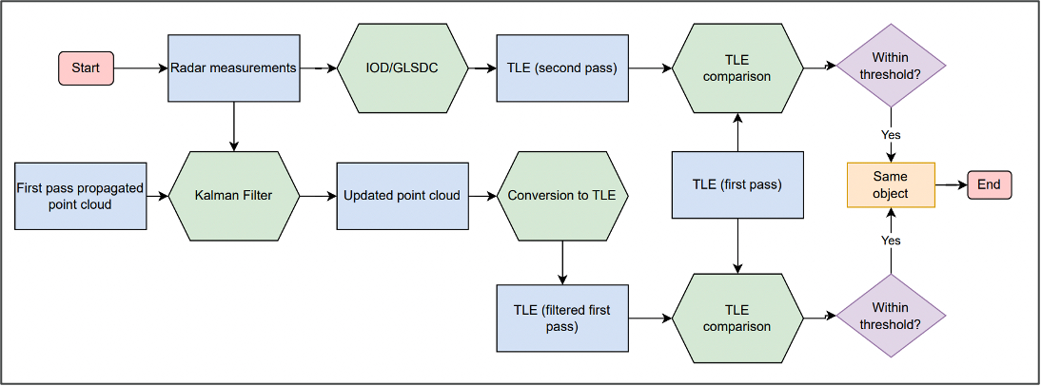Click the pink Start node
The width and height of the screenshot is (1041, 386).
86,68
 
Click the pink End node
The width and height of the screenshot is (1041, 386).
989,184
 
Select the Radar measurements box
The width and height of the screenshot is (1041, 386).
234,68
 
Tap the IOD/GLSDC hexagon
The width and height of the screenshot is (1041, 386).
403,68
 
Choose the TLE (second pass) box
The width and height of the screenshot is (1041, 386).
562,68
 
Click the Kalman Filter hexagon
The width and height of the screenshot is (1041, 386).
234,196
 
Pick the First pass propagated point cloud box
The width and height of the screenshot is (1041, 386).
81,196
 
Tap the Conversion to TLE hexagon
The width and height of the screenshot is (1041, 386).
562,196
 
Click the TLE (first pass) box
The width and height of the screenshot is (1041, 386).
737,184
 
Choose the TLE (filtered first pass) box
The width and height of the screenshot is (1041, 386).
562,318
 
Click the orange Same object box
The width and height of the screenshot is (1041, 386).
891,184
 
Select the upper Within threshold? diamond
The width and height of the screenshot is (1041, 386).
891,68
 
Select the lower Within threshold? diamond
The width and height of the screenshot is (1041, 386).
891,316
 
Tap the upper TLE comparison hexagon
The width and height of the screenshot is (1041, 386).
737,68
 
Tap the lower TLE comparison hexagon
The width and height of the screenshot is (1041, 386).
737,318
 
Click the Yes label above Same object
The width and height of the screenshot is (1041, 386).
891,135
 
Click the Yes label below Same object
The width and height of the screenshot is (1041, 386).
891,241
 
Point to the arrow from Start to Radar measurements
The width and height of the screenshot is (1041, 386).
141,68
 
